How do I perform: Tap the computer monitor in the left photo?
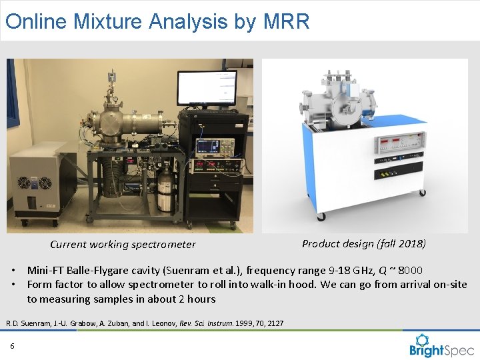coord(206,87)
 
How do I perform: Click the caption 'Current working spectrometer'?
coord(123,245)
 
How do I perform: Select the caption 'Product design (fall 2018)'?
coord(364,243)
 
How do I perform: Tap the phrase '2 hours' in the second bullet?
coord(197,299)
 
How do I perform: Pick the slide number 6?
coord(12,345)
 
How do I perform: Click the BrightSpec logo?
coord(441,345)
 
